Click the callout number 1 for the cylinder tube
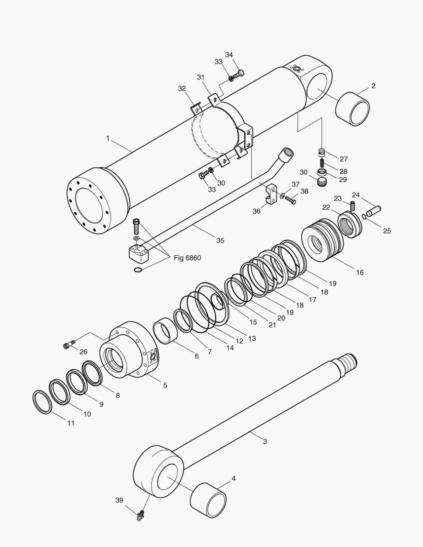pos(107,137)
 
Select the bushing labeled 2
pos(353,108)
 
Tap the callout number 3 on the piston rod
pos(264,441)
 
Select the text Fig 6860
pos(187,258)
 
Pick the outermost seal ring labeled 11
pos(42,402)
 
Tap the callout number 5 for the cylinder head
pos(165,385)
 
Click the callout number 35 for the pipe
pos(220,240)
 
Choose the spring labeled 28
pos(321,163)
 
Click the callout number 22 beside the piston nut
pos(326,207)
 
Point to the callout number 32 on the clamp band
pos(182,88)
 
